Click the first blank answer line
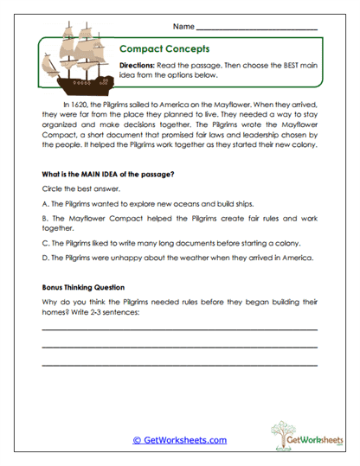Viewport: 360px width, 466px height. pos(179,329)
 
